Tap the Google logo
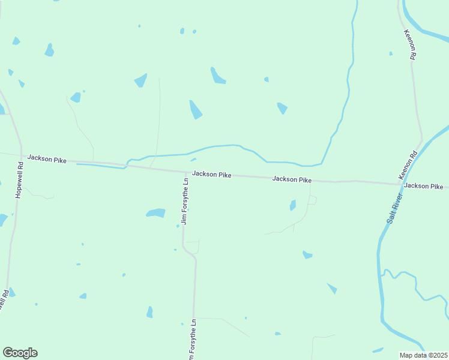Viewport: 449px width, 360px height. pos(20,353)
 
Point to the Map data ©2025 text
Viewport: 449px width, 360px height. pos(423,355)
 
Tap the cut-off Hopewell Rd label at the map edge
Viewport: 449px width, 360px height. pos(4,300)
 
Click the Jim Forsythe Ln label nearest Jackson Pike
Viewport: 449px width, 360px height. pos(185,201)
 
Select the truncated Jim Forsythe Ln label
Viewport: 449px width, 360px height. pos(191,341)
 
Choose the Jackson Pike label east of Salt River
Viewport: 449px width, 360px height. pos(424,186)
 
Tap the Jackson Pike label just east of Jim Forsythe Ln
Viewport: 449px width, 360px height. pos(212,174)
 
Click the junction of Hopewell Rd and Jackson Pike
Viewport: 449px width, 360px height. pos(22,155)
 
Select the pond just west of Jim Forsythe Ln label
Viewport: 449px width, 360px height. pos(156,212)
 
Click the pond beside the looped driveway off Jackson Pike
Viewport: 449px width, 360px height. pos(293,205)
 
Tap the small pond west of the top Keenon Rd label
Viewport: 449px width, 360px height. pos(391,53)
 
